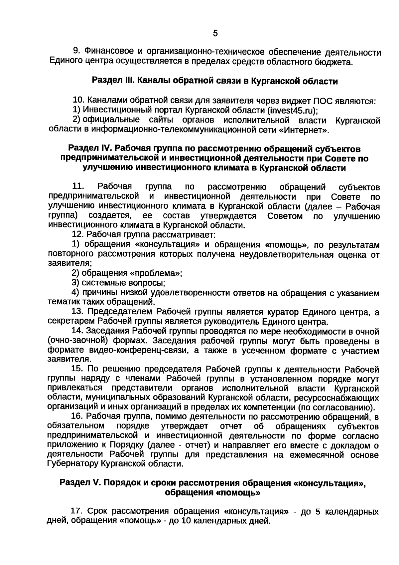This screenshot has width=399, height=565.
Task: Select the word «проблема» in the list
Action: tap(155, 273)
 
